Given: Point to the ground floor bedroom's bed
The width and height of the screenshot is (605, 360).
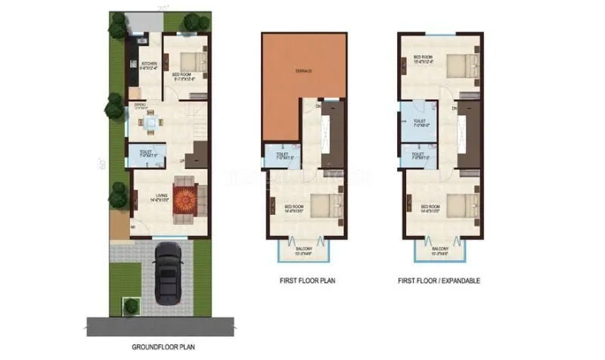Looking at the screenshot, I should coord(191,63).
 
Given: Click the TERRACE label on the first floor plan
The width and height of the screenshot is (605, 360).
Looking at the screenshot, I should coord(305,71).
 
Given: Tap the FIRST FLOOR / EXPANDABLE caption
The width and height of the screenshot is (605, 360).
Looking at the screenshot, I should coord(439,281).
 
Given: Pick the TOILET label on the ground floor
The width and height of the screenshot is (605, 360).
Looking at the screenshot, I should coord(144,153).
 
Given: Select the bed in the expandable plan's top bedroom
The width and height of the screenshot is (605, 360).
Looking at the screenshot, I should coord(460,64).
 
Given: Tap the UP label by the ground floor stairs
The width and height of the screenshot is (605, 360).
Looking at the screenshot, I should coord(181,160).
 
